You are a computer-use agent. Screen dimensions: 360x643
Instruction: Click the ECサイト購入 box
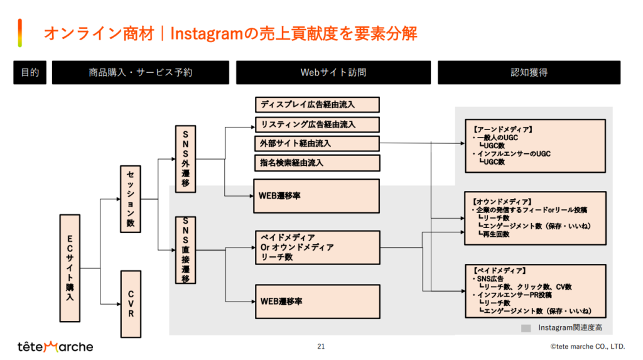coord(70,269)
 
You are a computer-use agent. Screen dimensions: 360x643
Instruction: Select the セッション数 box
coord(130,199)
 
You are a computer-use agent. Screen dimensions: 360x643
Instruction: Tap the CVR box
coord(130,303)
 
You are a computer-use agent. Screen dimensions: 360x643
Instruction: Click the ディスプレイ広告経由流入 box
coord(318,104)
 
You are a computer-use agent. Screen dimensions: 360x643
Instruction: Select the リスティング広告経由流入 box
coord(318,124)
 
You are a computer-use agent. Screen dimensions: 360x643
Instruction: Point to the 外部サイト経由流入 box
coord(318,143)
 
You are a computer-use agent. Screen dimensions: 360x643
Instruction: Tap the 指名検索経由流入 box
coord(318,163)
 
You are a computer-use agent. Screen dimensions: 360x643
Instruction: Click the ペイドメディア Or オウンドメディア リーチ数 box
coord(318,248)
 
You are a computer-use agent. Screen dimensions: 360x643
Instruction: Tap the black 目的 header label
coord(30,72)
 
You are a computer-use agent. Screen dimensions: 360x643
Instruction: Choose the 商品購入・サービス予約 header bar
coord(141,72)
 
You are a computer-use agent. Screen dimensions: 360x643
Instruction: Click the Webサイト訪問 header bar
coord(333,72)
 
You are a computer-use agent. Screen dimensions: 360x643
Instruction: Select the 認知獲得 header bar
coord(529,72)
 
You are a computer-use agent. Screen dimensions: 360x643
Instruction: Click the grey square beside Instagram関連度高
coord(526,328)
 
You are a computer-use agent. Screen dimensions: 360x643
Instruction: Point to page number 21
coord(321,346)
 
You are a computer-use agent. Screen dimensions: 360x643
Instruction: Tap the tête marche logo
coord(55,346)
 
